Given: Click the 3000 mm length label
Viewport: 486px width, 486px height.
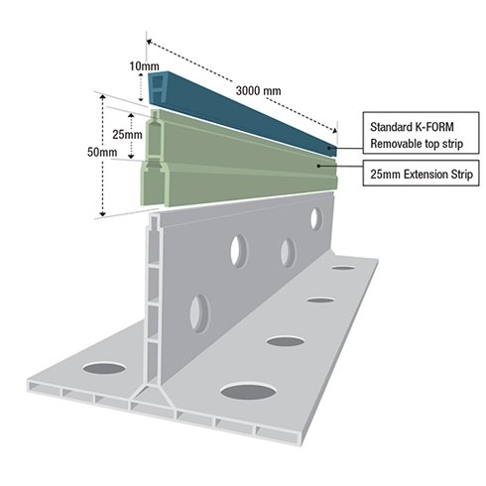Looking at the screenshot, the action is point(258,90).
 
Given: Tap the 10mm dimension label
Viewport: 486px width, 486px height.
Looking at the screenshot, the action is point(144,66).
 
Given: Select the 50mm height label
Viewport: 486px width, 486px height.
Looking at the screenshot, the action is point(102,152).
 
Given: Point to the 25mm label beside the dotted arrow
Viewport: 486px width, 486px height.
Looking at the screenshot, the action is point(127,135).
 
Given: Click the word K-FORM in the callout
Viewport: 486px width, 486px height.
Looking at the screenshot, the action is point(433,127).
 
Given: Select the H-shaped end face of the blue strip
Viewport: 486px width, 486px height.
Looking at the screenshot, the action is point(158,88).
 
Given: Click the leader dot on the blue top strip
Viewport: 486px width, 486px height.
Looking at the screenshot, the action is point(329,148).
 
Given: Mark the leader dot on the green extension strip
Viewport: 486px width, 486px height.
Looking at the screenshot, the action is point(318,166).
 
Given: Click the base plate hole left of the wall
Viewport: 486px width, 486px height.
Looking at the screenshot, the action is point(104,368).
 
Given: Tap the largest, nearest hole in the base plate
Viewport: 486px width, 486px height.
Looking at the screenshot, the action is point(248,391).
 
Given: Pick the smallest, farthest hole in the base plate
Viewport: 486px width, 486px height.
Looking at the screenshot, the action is point(343,268).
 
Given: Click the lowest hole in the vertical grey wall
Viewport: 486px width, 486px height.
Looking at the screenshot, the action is point(199,313).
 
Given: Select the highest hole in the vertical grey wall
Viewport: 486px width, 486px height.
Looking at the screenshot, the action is point(315,218).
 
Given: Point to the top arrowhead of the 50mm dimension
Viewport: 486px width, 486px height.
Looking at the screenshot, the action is point(103,96).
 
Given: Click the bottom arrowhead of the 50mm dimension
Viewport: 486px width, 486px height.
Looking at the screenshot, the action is point(103,214).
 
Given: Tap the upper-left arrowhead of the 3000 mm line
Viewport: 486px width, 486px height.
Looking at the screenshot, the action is point(150,42).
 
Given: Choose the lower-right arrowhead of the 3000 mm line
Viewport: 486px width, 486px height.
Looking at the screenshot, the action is point(335,130).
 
